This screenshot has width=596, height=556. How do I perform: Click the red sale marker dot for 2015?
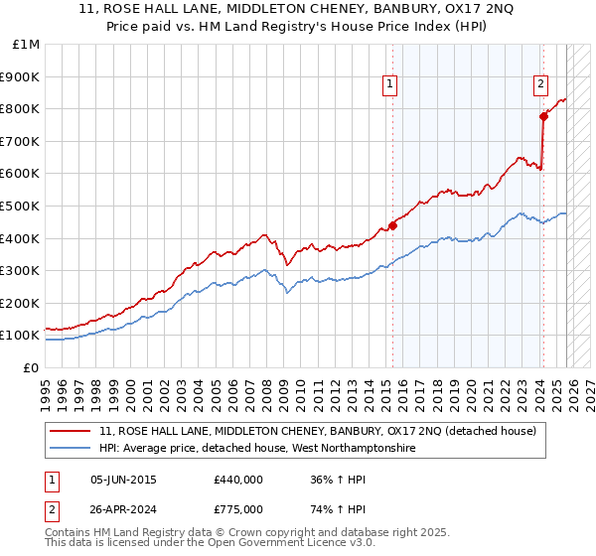[392, 225]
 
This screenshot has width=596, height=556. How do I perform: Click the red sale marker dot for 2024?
[543, 116]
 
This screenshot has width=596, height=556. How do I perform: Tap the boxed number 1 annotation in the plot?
[390, 85]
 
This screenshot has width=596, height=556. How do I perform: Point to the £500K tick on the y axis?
[22, 206]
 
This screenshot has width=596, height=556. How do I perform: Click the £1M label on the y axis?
[26, 44]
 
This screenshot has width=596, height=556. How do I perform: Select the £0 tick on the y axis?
[31, 367]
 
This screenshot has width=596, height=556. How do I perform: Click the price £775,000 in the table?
[238, 509]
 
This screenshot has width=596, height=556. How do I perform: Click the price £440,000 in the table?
[238, 480]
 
